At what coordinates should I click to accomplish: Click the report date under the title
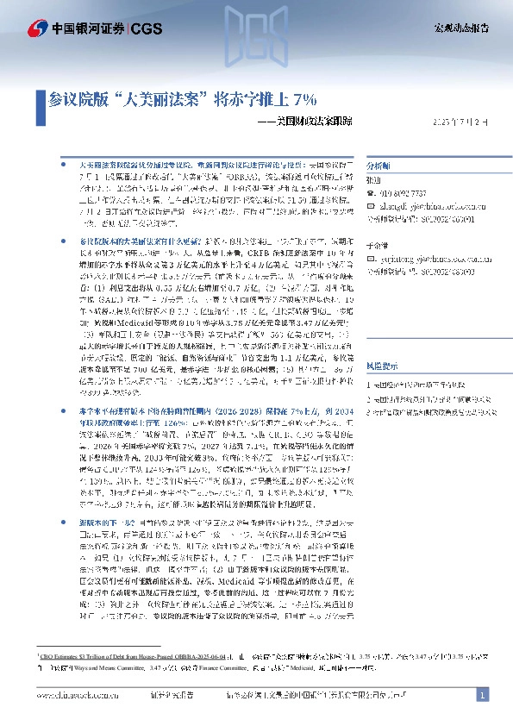(x=464, y=122)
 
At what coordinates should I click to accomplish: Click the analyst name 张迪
(x=373, y=180)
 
